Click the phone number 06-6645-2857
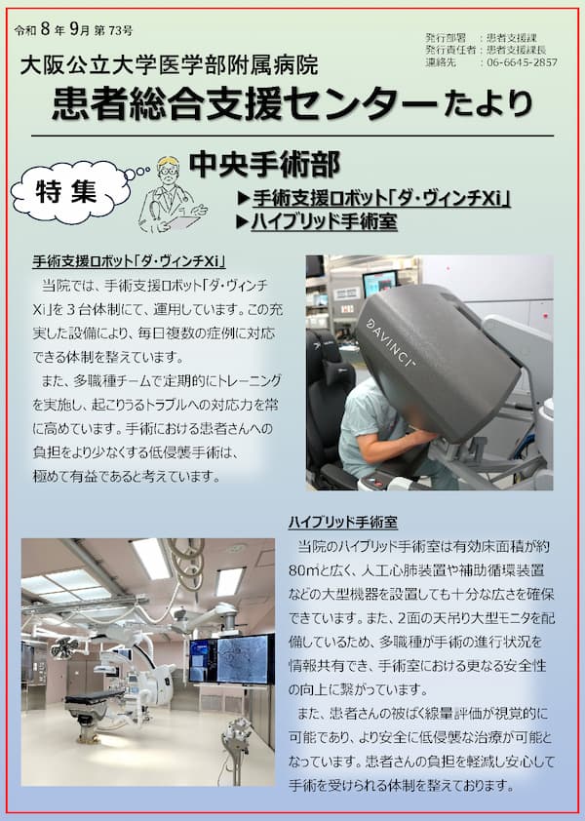point(523,62)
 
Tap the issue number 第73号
point(114,31)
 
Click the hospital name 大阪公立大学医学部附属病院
point(170,66)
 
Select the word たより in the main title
point(487,104)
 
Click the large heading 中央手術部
point(264,165)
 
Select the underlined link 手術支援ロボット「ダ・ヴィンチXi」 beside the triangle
point(382,199)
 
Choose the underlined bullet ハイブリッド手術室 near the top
point(324,221)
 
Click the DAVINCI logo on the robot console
point(391,342)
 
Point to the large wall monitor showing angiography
point(231,659)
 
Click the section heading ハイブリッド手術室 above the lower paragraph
point(343,522)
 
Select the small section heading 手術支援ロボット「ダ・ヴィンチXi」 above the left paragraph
point(129,260)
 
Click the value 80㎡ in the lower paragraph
point(304,570)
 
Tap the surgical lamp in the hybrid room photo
point(64,649)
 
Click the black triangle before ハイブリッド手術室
point(242,222)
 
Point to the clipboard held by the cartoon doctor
point(183,221)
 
